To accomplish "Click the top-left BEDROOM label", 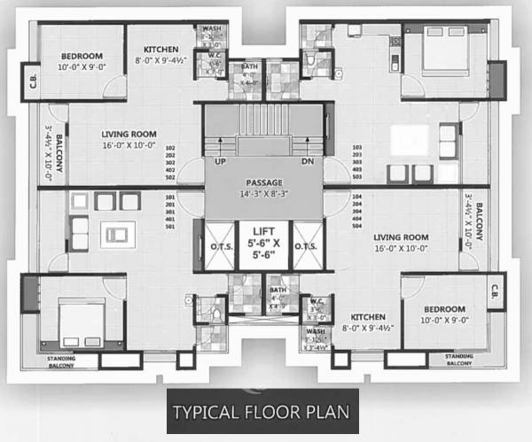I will [82, 56].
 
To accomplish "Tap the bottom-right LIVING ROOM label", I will [402, 237].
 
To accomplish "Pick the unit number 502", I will [171, 177].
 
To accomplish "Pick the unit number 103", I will [357, 148].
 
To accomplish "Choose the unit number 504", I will [357, 226].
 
